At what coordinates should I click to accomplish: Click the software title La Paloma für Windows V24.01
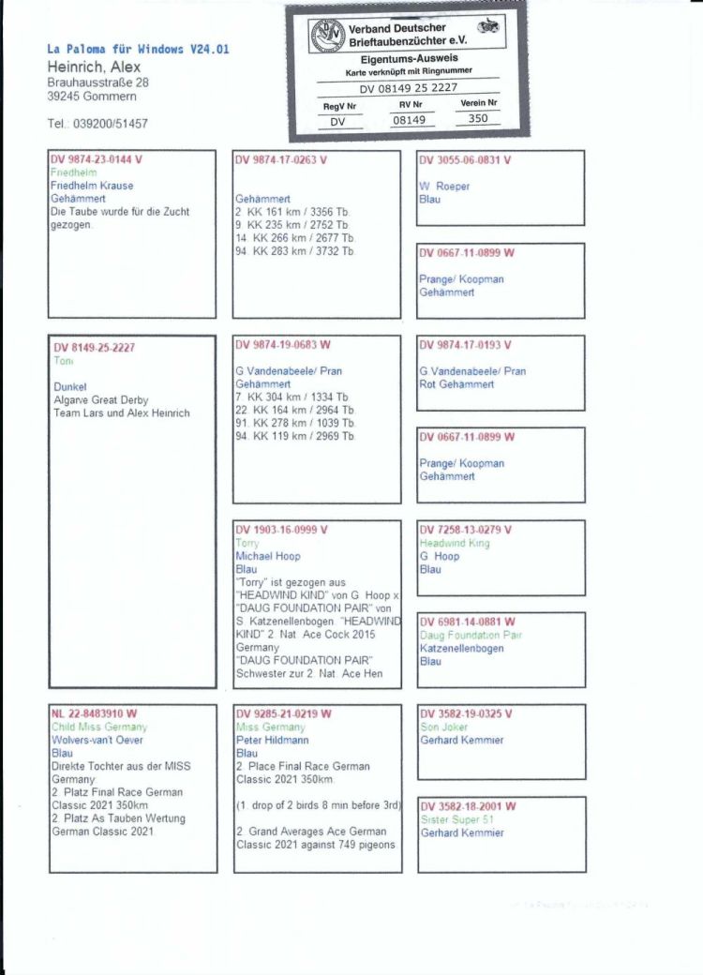click(x=138, y=49)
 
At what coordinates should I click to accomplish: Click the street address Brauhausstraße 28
click(x=97, y=82)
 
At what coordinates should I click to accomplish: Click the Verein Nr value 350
click(x=478, y=119)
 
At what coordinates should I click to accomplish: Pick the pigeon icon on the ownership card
click(x=488, y=27)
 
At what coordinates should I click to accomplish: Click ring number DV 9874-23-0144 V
click(x=97, y=159)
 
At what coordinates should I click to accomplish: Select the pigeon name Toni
click(x=63, y=360)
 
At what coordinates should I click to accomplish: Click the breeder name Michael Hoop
click(x=268, y=557)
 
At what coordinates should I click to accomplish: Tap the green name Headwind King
click(x=454, y=543)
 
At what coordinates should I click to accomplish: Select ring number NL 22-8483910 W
click(x=98, y=714)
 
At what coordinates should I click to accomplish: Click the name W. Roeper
click(x=444, y=186)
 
